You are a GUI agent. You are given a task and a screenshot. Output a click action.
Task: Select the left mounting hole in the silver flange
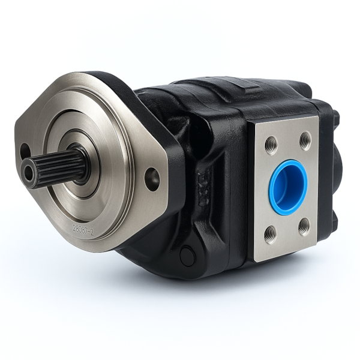click(x=25, y=151)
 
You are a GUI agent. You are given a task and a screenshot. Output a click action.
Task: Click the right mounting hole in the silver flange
click(x=152, y=179)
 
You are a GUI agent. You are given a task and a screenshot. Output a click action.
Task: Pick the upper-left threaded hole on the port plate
click(x=271, y=144)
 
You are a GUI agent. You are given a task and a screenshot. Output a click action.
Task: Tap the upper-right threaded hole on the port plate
click(x=305, y=140)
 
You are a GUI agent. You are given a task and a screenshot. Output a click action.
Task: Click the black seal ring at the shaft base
click(x=83, y=163)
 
